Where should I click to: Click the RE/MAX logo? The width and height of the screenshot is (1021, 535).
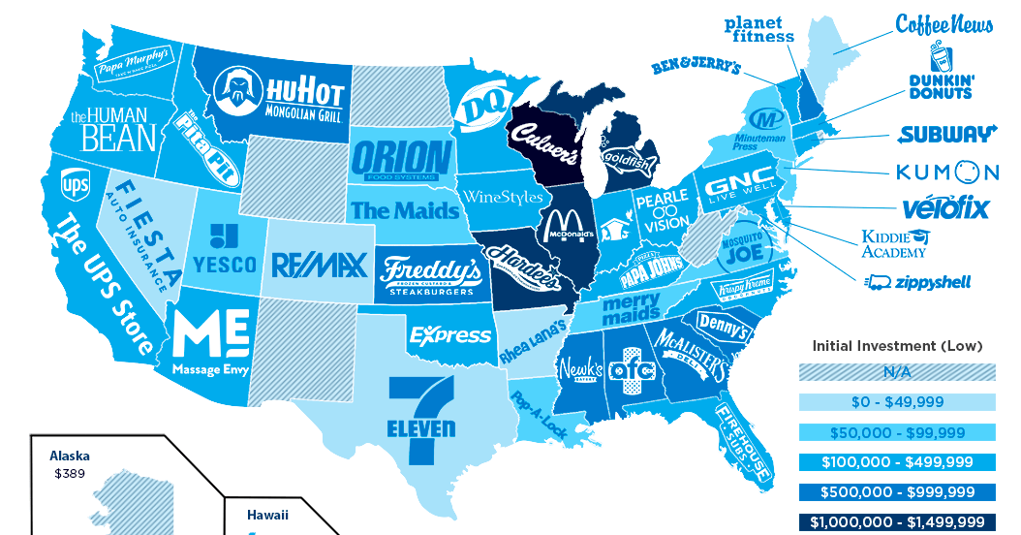(x=319, y=265)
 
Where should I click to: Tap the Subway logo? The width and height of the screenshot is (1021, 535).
(x=946, y=134)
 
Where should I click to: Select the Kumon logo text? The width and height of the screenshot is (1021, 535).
(x=945, y=173)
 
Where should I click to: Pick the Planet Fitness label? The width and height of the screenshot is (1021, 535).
(x=758, y=29)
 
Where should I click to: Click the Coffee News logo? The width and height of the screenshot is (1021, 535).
(x=944, y=23)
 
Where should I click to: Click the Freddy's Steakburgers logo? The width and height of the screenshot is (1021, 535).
(x=431, y=275)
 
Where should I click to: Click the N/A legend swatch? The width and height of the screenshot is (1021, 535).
(x=896, y=372)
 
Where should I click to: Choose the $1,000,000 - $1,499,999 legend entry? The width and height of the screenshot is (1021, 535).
(x=896, y=521)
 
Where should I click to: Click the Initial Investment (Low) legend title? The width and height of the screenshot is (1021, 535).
(x=896, y=345)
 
